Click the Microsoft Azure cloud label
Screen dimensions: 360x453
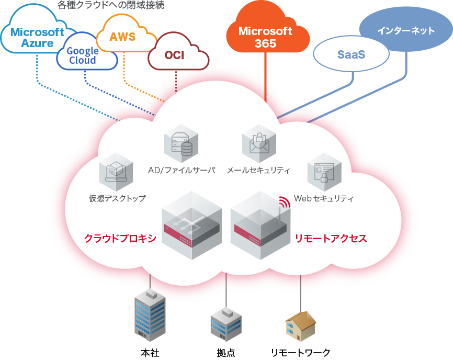click(37, 37)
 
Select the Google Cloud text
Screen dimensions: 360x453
click(83, 55)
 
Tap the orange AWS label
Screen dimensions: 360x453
click(122, 37)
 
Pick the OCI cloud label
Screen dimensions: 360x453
click(174, 55)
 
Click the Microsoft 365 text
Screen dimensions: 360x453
click(265, 37)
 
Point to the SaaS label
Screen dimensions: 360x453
click(351, 54)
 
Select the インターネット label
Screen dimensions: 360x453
click(406, 30)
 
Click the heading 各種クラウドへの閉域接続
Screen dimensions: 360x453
click(111, 6)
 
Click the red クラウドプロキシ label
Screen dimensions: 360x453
click(120, 239)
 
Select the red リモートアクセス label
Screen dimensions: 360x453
click(331, 239)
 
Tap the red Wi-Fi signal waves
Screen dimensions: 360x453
click(284, 201)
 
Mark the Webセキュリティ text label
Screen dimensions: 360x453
click(324, 199)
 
